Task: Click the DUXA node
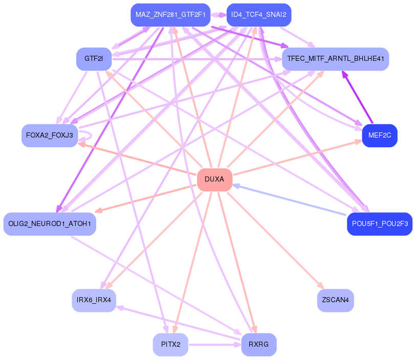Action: click(x=214, y=179)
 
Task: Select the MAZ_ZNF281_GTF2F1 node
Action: click(x=170, y=15)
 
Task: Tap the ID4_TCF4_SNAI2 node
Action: click(x=252, y=15)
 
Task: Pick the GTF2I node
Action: click(x=94, y=59)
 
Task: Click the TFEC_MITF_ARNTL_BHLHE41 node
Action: click(x=335, y=59)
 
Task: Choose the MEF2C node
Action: click(x=379, y=136)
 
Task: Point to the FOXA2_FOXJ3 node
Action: click(x=49, y=136)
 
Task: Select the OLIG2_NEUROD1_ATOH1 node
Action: click(x=50, y=223)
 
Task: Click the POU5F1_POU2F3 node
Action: click(x=379, y=223)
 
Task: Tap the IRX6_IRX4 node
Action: click(x=94, y=300)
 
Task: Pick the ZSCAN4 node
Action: click(x=335, y=300)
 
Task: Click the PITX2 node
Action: click(x=170, y=344)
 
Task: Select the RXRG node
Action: click(x=258, y=344)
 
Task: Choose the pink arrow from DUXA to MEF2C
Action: click(x=297, y=157)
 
